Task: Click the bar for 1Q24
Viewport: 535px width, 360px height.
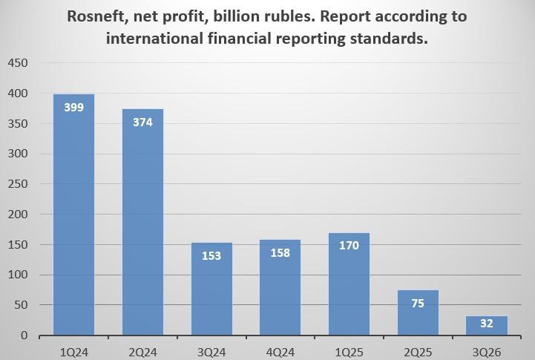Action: pos(73,215)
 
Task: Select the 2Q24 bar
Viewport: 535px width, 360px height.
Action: pos(142,223)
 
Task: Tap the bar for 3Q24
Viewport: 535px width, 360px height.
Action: pos(211,289)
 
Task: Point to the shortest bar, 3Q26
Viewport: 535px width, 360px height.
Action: pos(487,326)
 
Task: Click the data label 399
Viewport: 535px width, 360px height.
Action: pos(73,107)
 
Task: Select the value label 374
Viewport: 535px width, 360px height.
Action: pos(142,122)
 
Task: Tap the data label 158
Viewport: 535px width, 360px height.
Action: pos(280,252)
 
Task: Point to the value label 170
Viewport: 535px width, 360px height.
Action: pos(349,245)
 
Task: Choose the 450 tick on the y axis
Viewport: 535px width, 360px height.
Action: pos(19,63)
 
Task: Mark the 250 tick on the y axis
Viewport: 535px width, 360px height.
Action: pos(19,184)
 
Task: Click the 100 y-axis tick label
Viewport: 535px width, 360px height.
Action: pos(19,275)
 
